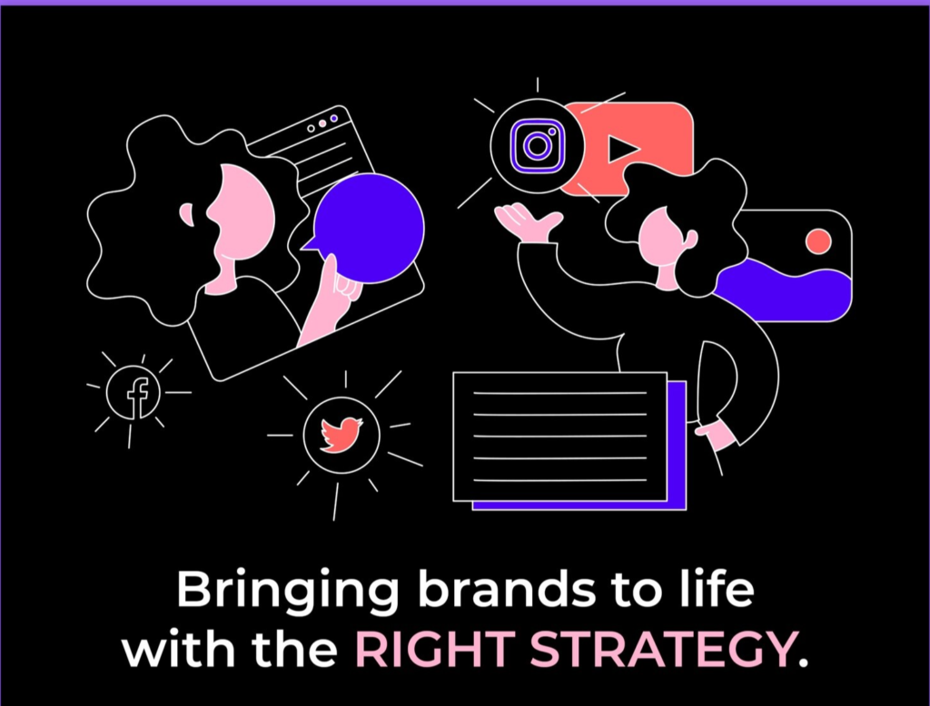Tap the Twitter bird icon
[x=341, y=435]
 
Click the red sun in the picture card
[x=818, y=240]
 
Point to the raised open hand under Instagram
[x=527, y=223]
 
